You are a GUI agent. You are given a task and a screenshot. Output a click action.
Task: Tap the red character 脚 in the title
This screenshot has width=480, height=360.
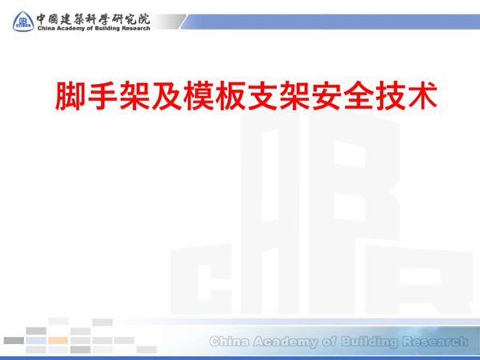click(x=70, y=95)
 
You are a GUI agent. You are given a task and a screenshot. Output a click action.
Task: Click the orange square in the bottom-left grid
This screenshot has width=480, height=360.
click(x=58, y=340)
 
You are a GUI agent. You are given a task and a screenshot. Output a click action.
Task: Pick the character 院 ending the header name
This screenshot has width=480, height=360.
click(x=143, y=13)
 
